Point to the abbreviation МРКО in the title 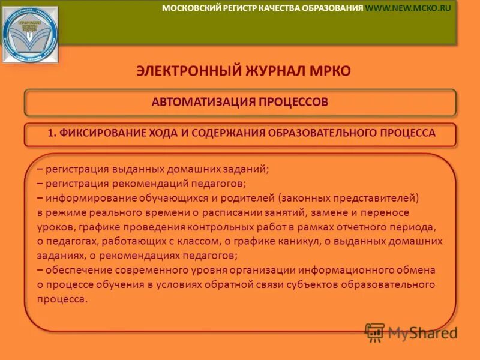[x=330, y=71]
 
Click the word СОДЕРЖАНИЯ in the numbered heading [x=227, y=133]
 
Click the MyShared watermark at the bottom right [x=412, y=332]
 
